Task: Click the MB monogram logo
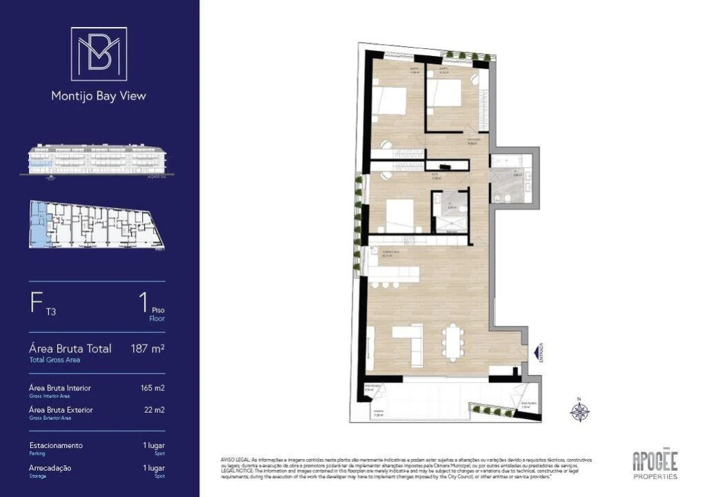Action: click(99, 54)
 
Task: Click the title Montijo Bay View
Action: click(99, 96)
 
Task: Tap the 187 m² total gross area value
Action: click(148, 349)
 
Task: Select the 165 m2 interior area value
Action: click(152, 388)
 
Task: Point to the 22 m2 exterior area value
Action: click(155, 410)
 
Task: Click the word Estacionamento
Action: click(56, 445)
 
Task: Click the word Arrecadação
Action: click(50, 467)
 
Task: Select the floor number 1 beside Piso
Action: click(143, 302)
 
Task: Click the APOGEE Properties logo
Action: click(655, 464)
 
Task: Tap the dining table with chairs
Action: click(453, 341)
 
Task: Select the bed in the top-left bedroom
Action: click(391, 101)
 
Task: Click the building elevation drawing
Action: click(97, 159)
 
